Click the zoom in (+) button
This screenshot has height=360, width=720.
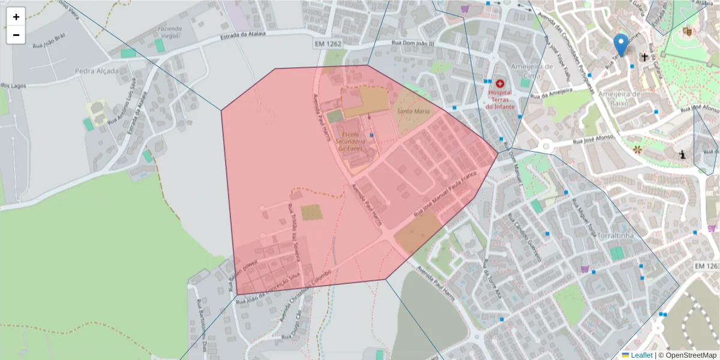16,17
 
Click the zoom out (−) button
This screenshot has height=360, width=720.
16,35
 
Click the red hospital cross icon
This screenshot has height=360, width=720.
500,83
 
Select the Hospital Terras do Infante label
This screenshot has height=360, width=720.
500,100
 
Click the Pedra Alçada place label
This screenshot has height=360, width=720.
97,71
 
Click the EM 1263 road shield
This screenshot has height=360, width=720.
706,266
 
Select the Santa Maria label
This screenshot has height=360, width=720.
413,112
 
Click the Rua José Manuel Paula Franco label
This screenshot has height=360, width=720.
444,193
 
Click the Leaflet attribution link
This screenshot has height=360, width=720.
641,355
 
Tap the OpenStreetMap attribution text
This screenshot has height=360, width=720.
690,355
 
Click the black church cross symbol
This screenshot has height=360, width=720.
645,58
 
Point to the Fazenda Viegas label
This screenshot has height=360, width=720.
170,32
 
